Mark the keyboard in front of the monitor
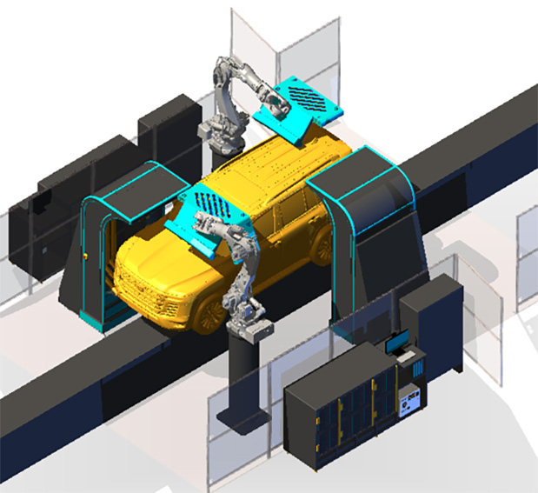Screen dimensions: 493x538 (406, 356)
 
